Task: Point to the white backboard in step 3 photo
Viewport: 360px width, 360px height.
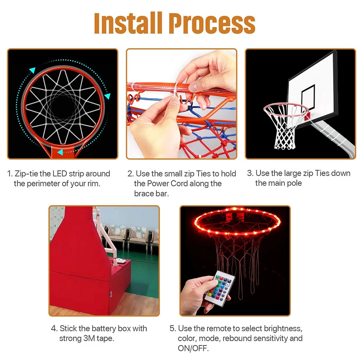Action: [324, 83]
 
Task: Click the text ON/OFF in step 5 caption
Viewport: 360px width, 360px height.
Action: [193, 348]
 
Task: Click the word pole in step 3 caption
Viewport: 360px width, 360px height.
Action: [294, 183]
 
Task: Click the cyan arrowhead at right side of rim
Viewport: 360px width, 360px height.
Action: [107, 96]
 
